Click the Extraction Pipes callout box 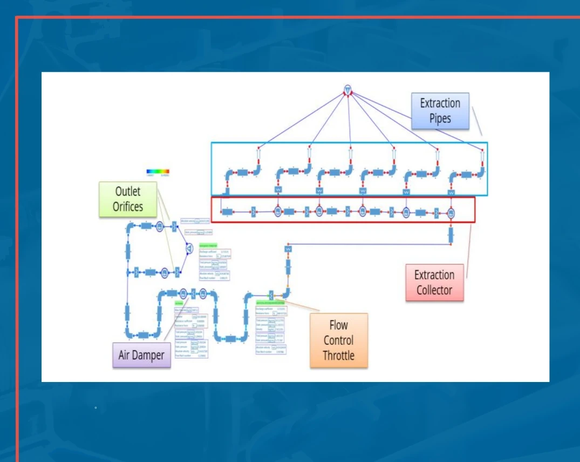coord(440,111)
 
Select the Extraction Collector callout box coord(434,282)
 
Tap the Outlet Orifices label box coord(128,199)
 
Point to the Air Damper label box coord(141,355)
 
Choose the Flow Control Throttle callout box coord(338,340)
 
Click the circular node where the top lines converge coord(348,89)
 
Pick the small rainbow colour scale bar coord(158,172)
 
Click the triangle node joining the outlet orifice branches coord(189,248)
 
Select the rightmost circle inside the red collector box coord(451,213)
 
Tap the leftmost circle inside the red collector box coord(278,212)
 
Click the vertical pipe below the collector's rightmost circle coord(451,235)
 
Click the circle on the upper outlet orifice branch coord(160,227)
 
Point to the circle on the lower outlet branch coord(164,273)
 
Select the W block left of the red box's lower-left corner coord(288,249)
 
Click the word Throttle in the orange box coord(338,356)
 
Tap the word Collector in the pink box coord(434,290)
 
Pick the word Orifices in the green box coord(128,207)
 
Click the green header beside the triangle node coord(208,246)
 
